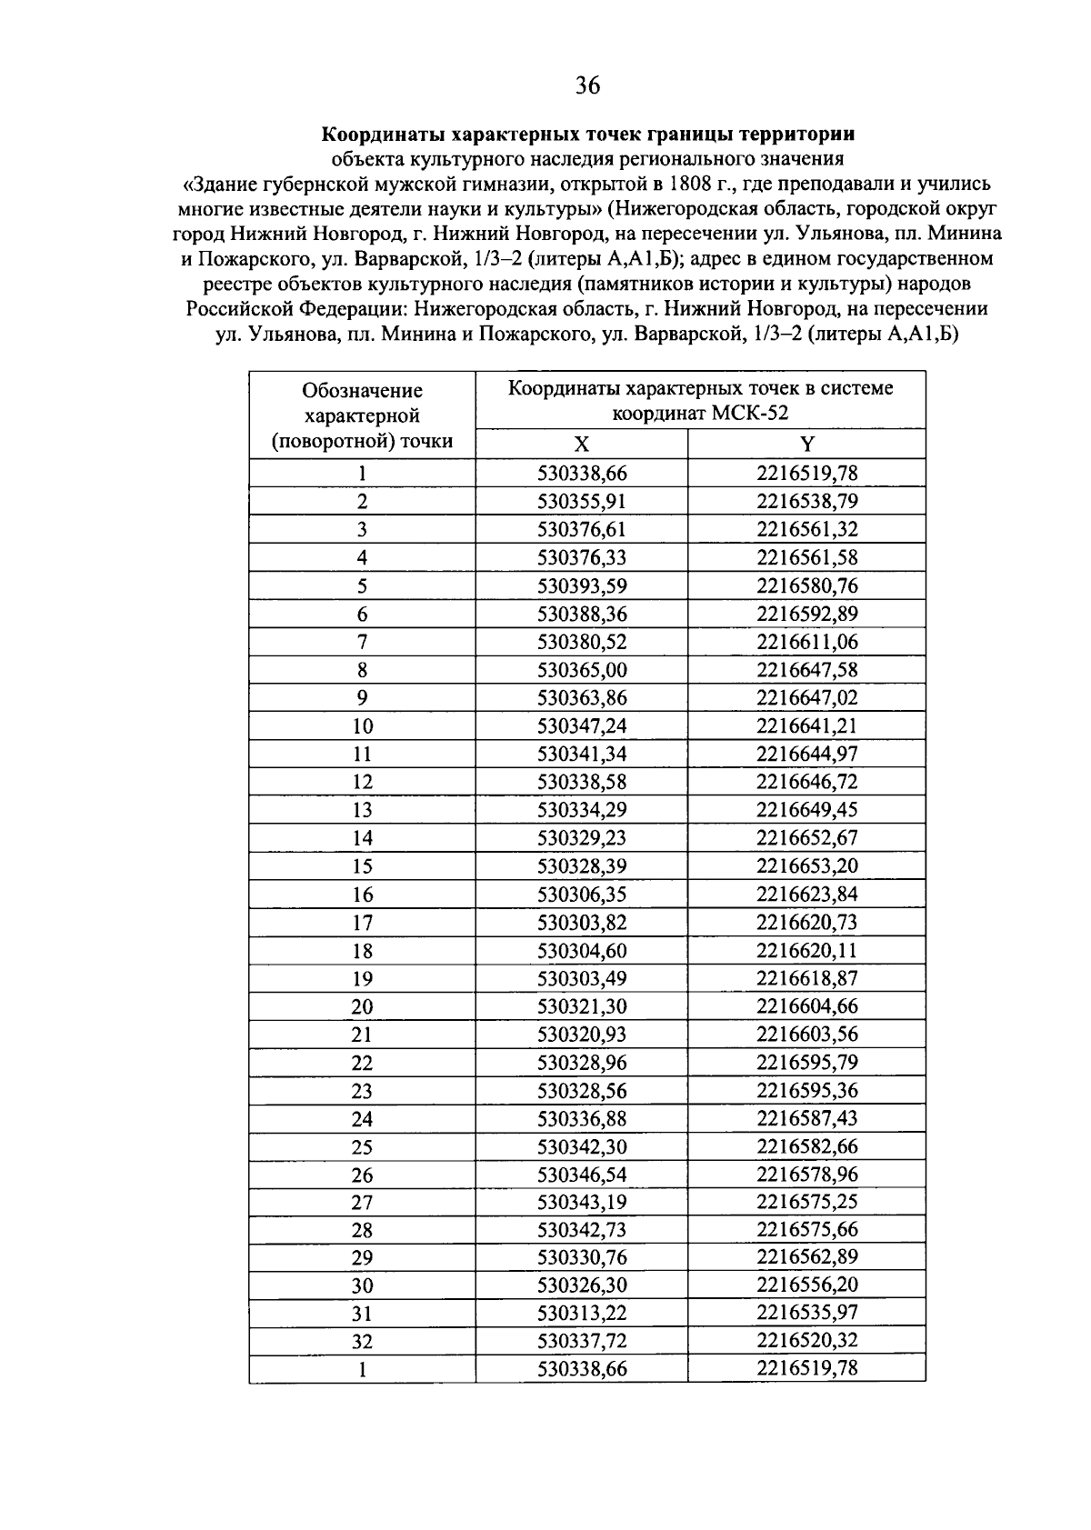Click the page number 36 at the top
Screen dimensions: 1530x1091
point(587,86)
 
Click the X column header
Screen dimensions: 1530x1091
point(582,444)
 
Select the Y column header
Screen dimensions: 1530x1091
point(807,444)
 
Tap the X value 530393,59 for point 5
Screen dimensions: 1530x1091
point(582,585)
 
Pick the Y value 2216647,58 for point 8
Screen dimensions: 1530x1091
point(807,670)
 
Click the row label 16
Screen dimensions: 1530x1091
point(362,895)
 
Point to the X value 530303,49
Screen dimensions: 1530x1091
point(582,978)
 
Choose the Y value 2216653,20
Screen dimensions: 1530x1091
point(807,865)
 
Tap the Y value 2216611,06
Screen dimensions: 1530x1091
point(807,642)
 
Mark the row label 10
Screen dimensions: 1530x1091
point(362,726)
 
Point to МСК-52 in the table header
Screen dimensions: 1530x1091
point(750,414)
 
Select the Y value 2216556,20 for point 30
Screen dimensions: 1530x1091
point(807,1285)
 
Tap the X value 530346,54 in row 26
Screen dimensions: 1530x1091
point(582,1174)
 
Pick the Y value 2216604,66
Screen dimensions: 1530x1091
point(807,1006)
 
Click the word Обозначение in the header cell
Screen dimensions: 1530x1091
point(362,391)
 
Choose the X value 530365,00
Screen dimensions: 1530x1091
point(582,670)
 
